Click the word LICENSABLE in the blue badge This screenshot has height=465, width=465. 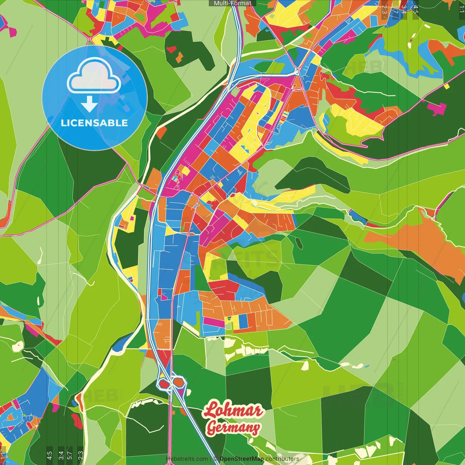(x=94, y=123)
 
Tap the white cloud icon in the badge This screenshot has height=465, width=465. (x=94, y=77)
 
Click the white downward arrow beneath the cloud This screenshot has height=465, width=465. (x=89, y=105)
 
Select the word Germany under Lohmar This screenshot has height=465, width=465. (x=233, y=428)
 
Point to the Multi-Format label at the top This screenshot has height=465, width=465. (x=232, y=3)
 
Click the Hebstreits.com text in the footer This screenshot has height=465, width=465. (x=187, y=459)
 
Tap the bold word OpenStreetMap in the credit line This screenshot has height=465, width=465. (x=242, y=459)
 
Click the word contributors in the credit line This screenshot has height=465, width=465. (x=282, y=459)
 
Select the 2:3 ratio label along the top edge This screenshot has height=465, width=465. (x=384, y=9)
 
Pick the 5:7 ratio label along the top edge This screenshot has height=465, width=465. (x=395, y=9)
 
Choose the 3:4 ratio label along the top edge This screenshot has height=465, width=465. (x=404, y=9)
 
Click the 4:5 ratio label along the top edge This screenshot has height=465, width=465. (x=416, y=9)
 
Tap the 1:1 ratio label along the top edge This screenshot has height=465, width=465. (x=461, y=9)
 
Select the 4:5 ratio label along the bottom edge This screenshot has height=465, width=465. (x=49, y=455)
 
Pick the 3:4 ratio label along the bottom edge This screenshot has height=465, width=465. (x=61, y=455)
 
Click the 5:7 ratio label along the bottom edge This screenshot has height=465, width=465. (x=70, y=455)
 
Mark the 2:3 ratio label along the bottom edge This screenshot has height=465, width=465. (x=81, y=455)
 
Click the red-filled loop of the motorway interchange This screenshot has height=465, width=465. (x=164, y=383)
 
